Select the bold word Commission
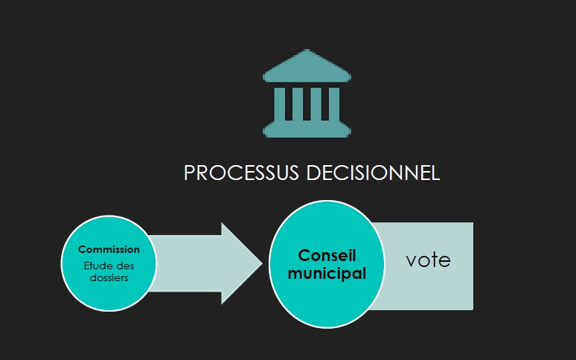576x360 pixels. (x=109, y=250)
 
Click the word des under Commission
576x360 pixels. (x=124, y=266)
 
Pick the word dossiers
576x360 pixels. (x=109, y=278)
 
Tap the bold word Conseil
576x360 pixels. (x=327, y=256)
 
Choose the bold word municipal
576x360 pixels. (x=327, y=273)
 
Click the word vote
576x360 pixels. (x=428, y=260)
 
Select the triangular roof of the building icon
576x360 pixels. (x=307, y=67)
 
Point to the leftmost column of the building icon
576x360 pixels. (x=279, y=105)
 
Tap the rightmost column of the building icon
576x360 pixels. (x=334, y=105)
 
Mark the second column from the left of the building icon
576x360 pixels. (x=298, y=105)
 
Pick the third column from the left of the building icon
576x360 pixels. (x=316, y=105)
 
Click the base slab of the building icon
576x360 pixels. (x=307, y=131)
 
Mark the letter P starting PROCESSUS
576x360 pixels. (x=189, y=173)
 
